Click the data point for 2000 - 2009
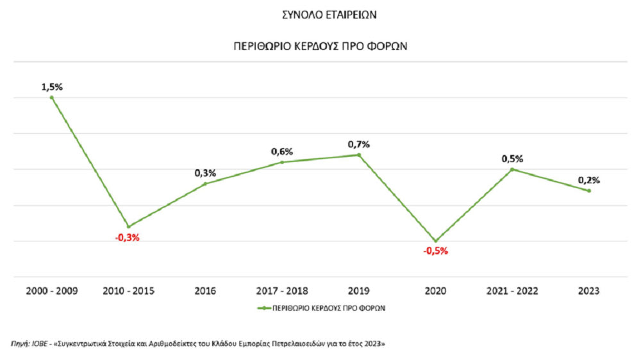[x=52, y=97]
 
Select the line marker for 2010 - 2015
[x=128, y=227]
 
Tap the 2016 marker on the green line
[x=205, y=184]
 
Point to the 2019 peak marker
[x=359, y=155]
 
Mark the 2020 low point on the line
[x=436, y=241]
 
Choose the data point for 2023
[x=588, y=191]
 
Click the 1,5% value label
[x=52, y=87]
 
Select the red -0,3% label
[x=127, y=237]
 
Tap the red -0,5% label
[x=436, y=251]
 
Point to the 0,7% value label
[x=359, y=145]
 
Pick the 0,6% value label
[x=282, y=152]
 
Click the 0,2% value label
[x=588, y=181]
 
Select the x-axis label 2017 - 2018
[x=282, y=291]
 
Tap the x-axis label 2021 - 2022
[x=512, y=291]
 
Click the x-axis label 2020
[x=436, y=291]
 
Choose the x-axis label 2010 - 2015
[x=128, y=291]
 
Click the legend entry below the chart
[x=320, y=307]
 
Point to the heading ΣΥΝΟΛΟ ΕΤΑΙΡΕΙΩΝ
[x=320, y=13]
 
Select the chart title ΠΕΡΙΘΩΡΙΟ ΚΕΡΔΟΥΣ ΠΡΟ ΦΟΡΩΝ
[x=320, y=47]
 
